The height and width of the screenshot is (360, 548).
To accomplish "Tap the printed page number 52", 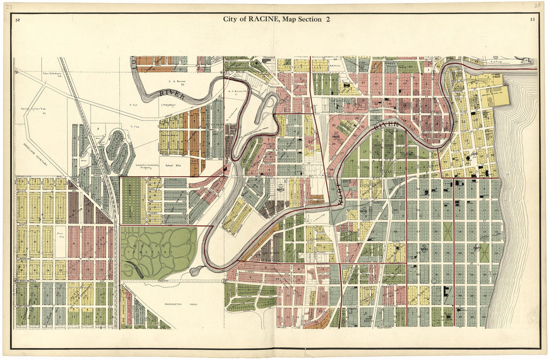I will (17, 20).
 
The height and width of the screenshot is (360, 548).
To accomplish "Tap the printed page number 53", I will (532, 19).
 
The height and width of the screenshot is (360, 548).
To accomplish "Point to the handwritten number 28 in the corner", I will (537, 5).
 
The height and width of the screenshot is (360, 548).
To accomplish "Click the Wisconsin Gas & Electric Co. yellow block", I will (494, 94).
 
